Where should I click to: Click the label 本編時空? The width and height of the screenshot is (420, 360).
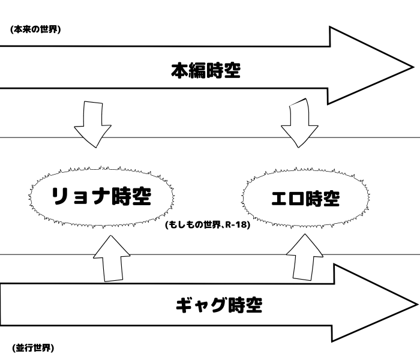(206, 71)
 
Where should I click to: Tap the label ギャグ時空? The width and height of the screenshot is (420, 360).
(219, 305)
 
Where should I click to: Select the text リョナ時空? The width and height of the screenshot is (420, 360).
(100, 196)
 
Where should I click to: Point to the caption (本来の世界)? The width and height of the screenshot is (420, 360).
(35, 29)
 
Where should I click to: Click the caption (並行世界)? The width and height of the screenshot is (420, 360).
(33, 347)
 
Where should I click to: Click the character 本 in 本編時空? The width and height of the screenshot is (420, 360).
(180, 71)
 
